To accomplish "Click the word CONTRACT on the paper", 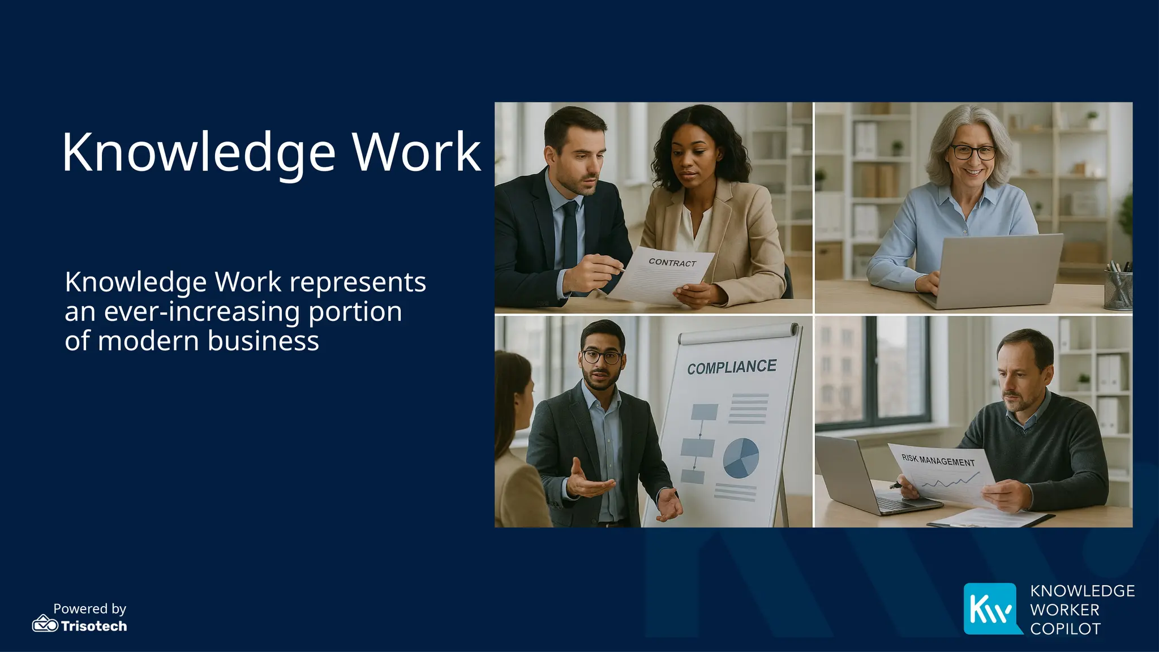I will tap(672, 263).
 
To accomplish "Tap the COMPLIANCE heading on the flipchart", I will tap(732, 367).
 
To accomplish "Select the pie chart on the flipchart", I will tap(741, 458).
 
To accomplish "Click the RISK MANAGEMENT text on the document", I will tap(938, 460).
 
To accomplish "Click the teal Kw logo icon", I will tap(991, 608).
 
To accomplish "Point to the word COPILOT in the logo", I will tap(1065, 629).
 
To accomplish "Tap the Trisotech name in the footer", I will tap(94, 626).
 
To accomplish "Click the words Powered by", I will tap(89, 608).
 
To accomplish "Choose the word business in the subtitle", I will tap(263, 341).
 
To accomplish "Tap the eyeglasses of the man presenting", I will tap(601, 357).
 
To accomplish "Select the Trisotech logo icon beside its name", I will tap(45, 624).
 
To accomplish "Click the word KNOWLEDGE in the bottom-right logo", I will tap(1082, 591).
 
